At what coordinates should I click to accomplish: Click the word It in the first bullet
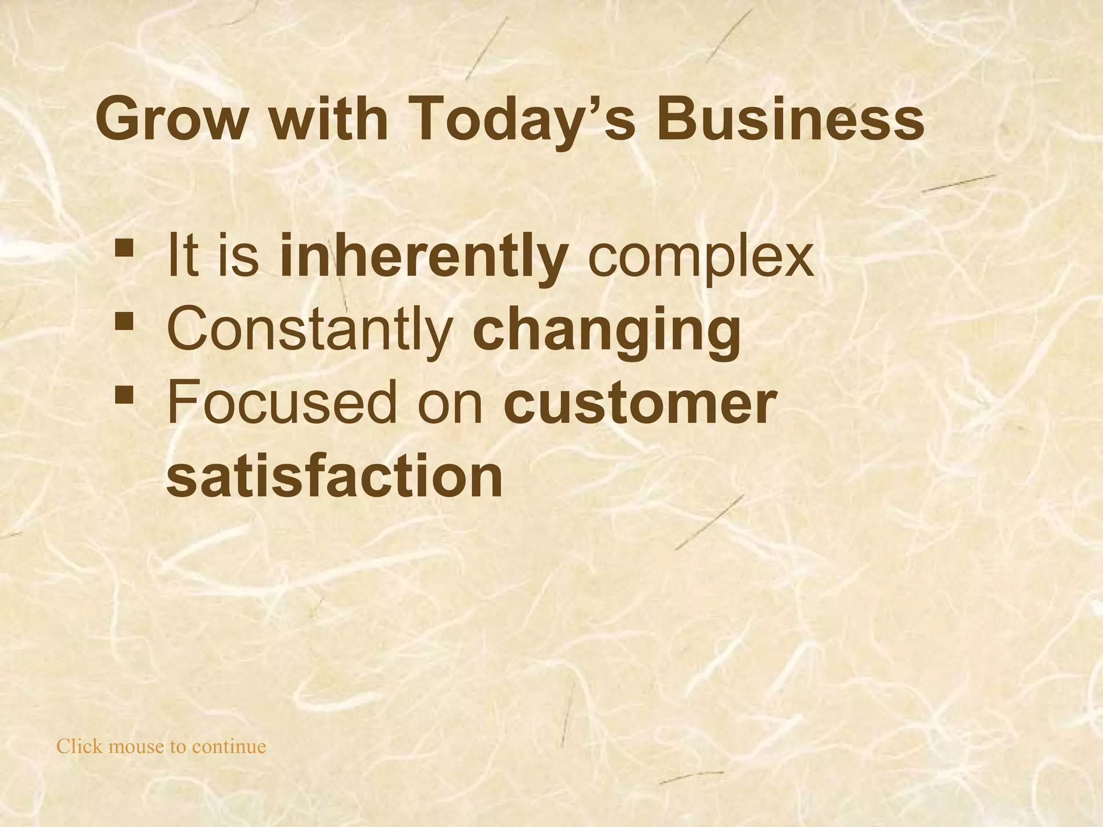[181, 257]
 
